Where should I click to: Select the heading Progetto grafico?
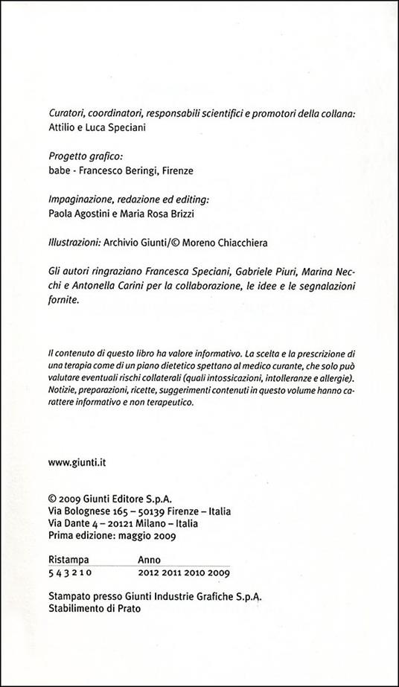[80, 158]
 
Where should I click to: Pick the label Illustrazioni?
[73, 243]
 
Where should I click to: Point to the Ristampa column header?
[68, 560]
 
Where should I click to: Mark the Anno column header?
[150, 560]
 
